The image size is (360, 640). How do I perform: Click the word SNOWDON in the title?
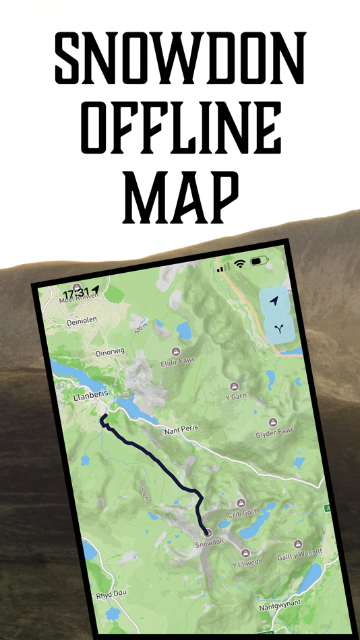point(180,57)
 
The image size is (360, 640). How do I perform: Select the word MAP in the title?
point(180,199)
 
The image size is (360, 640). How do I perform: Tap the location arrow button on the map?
point(274,302)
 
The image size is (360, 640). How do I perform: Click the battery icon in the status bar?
point(260,261)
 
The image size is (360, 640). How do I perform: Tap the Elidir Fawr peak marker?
point(176,352)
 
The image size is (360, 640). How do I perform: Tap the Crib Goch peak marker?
point(241,503)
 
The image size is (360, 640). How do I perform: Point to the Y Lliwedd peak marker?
point(245,553)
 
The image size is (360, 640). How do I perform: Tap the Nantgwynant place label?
point(280,608)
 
